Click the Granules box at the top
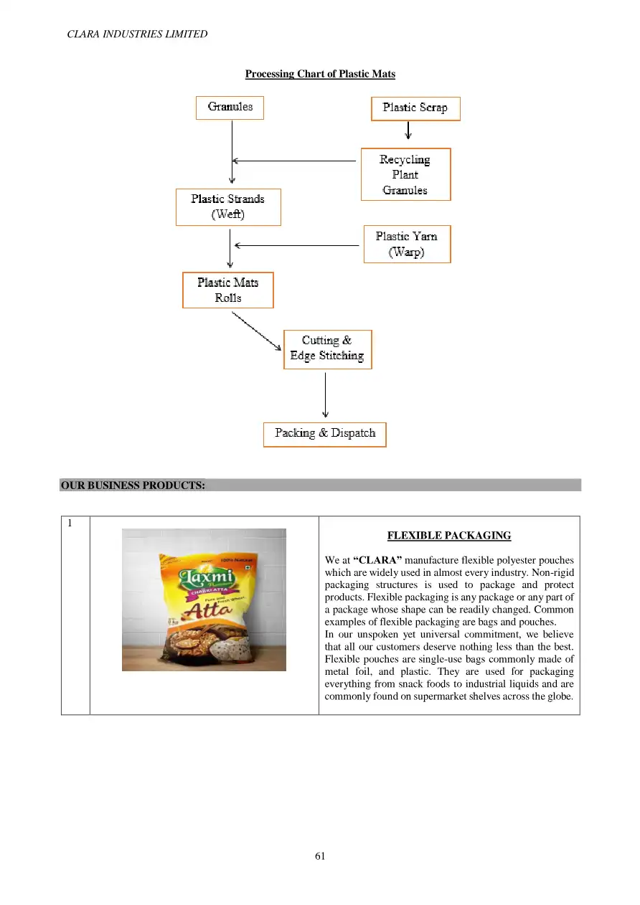click(230, 108)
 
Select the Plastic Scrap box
click(415, 108)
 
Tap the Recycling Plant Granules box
click(405, 174)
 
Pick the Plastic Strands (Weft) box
click(228, 207)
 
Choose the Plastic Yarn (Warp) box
click(406, 244)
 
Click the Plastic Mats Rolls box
click(227, 290)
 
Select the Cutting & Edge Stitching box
click(327, 349)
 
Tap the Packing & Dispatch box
click(324, 434)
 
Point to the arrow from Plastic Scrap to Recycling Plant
click(408, 130)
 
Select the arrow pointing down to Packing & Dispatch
click(326, 394)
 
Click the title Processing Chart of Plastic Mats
click(320, 74)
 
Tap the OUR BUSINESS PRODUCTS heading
click(133, 485)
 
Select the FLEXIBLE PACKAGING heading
click(448, 536)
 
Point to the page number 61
click(320, 856)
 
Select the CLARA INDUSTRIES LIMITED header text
click(137, 34)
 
